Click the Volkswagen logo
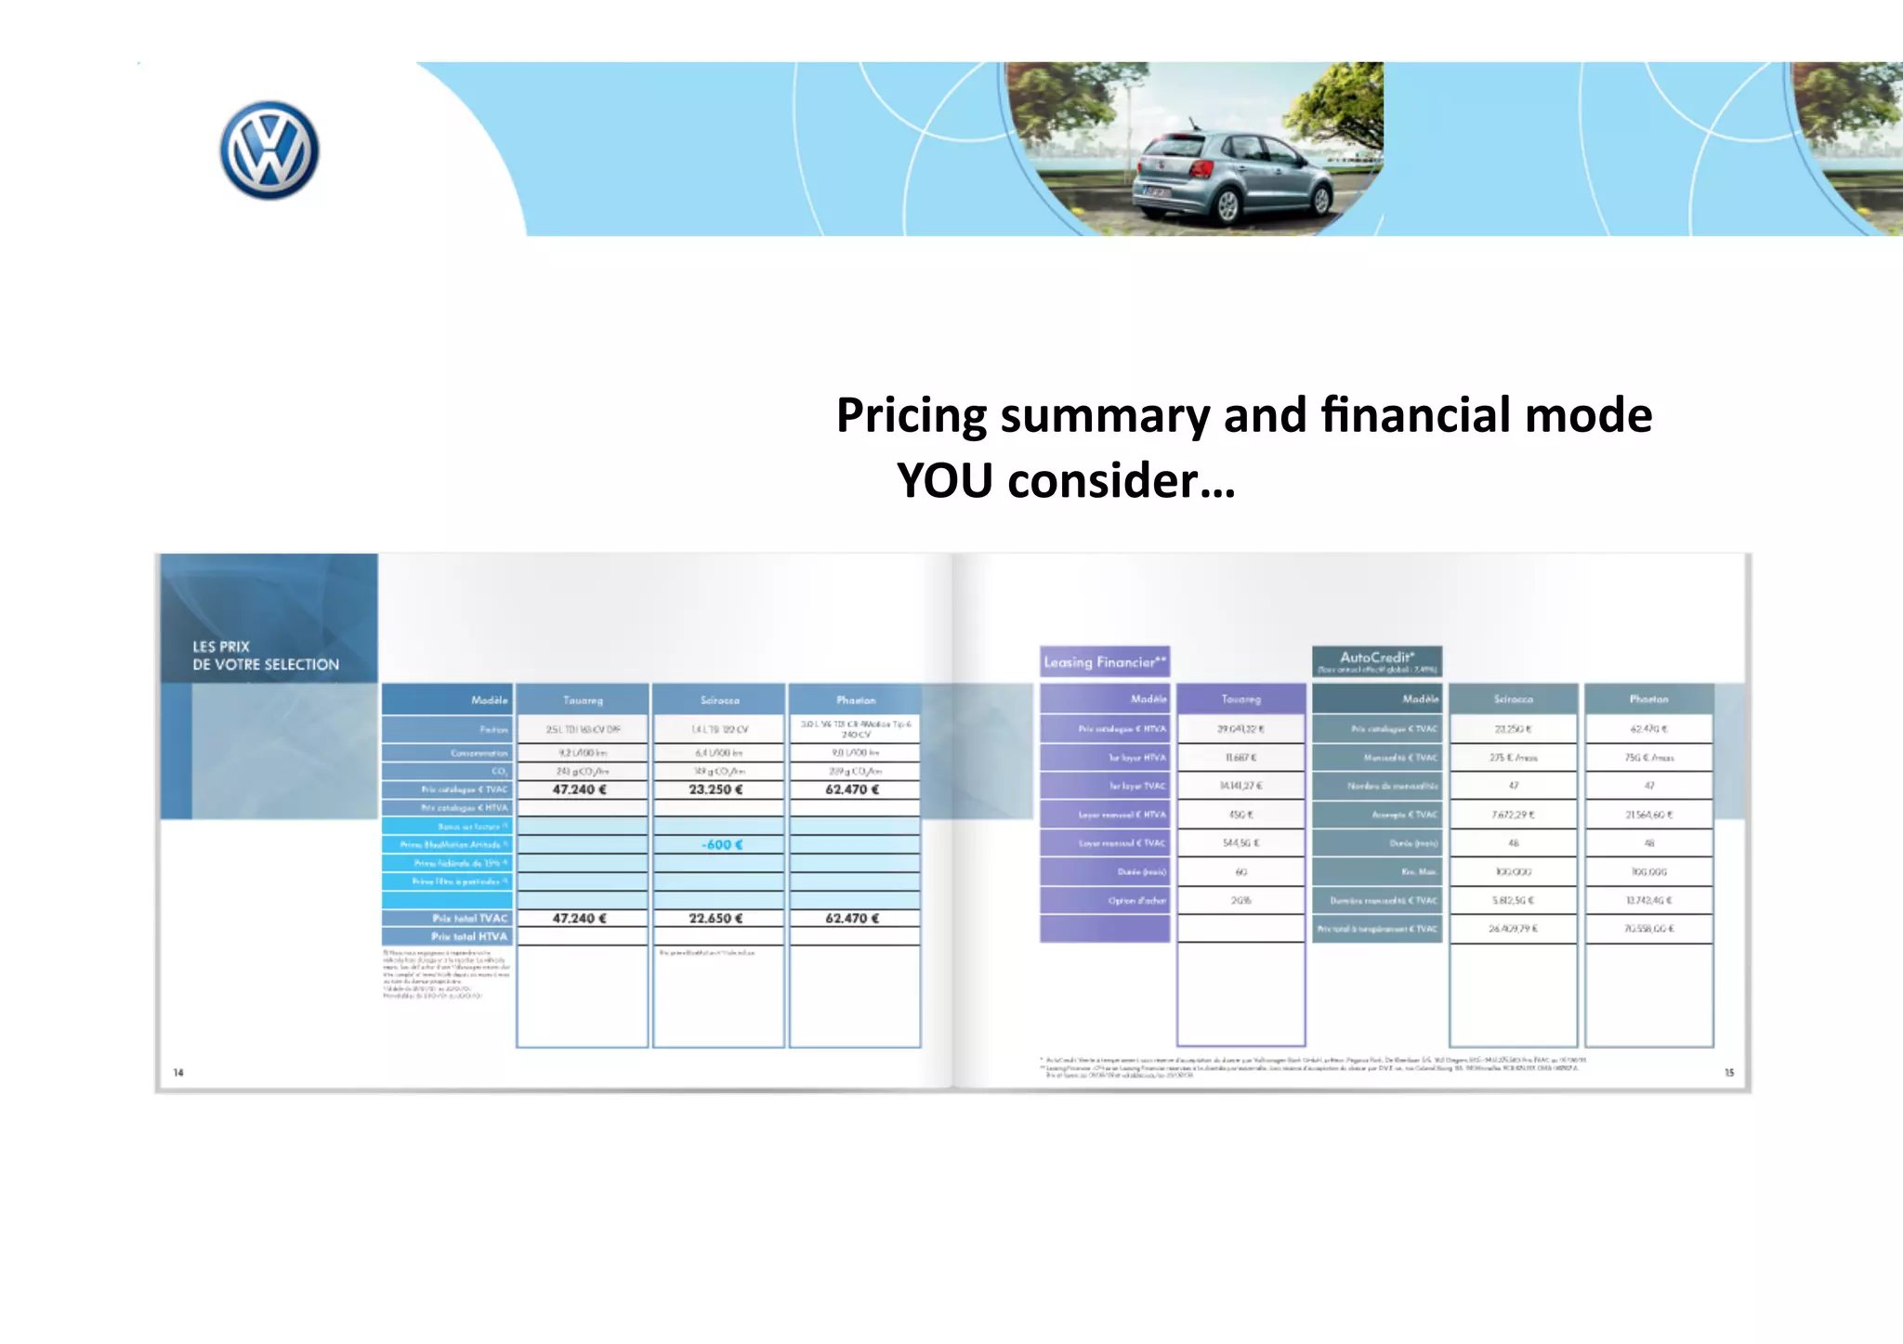[x=269, y=150]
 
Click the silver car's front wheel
[x=1227, y=203]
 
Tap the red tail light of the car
[x=1201, y=168]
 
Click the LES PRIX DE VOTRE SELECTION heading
[x=266, y=656]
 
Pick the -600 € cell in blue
[x=721, y=844]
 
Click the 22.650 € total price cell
[x=715, y=918]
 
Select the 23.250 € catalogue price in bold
[x=715, y=789]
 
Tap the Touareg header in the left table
[x=583, y=699]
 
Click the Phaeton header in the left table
[x=855, y=699]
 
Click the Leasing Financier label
[x=1104, y=661]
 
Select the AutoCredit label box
[x=1376, y=661]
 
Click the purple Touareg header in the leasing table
[x=1240, y=698]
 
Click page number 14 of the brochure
[x=178, y=1072]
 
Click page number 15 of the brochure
[x=1728, y=1072]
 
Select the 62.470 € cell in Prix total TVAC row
[x=852, y=918]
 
